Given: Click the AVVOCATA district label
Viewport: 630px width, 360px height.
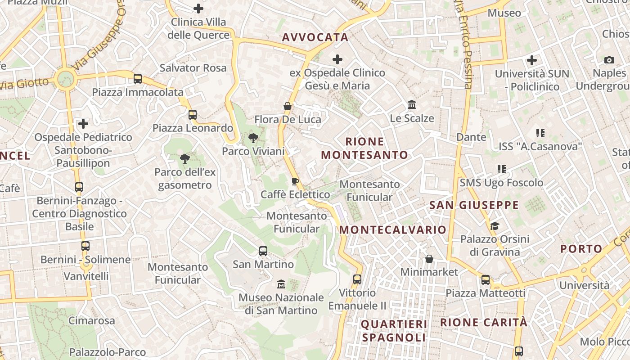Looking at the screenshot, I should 315,37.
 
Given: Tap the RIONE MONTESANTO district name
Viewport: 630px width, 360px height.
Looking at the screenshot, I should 364,148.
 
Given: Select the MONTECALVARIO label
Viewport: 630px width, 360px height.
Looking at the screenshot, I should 393,229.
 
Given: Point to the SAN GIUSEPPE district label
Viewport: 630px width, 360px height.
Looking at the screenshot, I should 474,205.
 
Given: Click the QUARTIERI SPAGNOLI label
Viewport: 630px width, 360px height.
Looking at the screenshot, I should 394,330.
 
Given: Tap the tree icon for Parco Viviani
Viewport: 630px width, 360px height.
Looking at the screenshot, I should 253,138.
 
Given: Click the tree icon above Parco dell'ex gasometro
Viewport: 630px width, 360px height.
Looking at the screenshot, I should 184,158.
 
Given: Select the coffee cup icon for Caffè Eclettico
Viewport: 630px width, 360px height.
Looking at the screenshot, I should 295,181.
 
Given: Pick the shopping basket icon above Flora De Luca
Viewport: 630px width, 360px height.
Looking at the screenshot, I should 288,107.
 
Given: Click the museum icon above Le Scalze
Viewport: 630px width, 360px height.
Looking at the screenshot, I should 411,105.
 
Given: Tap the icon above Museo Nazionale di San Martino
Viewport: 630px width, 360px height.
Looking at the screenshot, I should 281,284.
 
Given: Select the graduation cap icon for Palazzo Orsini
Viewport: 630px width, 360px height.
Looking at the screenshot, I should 495,226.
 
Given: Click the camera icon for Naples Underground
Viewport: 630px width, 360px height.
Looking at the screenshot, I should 609,60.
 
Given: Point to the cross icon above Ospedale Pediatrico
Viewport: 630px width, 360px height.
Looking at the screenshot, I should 83,124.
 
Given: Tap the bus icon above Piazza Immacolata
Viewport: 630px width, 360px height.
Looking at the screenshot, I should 138,79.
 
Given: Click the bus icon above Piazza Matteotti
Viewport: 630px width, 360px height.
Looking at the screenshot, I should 485,280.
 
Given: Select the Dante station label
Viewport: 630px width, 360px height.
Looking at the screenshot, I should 471,137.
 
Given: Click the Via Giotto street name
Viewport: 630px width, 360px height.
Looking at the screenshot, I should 25,83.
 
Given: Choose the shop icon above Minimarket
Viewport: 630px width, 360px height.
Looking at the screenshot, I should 429,259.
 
